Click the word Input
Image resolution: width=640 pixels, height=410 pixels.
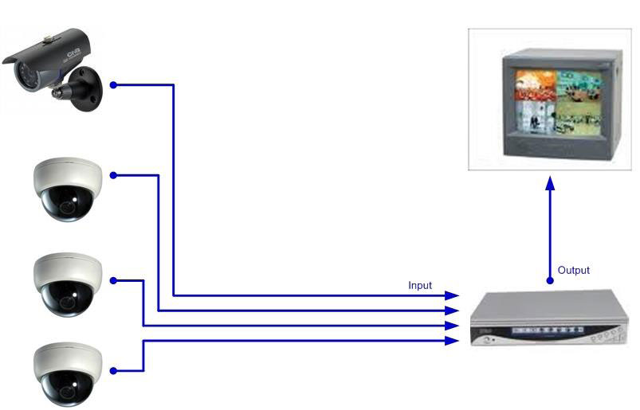tap(419, 285)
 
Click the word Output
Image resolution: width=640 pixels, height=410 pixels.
tap(574, 270)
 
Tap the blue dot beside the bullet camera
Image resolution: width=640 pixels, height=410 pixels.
tap(113, 84)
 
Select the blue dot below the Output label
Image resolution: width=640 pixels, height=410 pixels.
tap(550, 280)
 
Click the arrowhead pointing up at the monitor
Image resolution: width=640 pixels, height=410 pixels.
tap(550, 183)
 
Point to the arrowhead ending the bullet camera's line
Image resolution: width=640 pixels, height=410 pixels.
tap(452, 295)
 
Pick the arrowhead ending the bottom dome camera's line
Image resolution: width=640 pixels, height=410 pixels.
tap(452, 341)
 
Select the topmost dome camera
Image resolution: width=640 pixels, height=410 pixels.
tap(67, 189)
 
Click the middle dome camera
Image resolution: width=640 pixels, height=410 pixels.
tap(67, 285)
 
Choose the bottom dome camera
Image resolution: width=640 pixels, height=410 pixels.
tap(67, 374)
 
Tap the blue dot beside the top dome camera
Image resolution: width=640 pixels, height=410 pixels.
tap(113, 175)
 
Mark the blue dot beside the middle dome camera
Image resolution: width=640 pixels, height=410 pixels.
tap(113, 280)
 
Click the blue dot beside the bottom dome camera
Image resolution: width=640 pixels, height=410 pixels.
tap(113, 371)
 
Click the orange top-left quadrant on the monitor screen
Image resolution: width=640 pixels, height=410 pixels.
tap(536, 85)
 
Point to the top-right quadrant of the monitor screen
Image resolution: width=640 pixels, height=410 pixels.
tap(579, 85)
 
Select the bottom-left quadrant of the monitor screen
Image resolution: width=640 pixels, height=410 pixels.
tap(536, 117)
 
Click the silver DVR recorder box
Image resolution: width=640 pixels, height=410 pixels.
tap(549, 318)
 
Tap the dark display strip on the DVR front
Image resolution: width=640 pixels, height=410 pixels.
tap(548, 330)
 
